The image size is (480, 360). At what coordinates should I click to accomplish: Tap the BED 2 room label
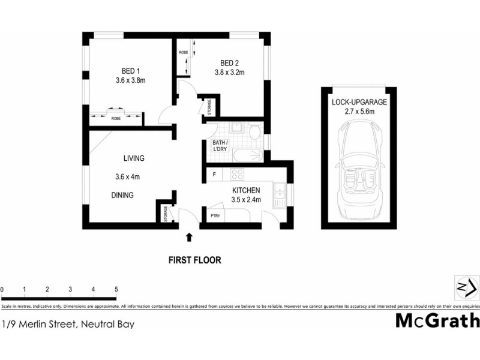tap(230, 63)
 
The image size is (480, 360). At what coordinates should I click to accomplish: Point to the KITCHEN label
tap(246, 191)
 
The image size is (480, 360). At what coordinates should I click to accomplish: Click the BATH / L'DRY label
tap(218, 146)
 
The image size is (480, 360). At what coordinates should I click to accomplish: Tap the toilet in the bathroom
tap(254, 131)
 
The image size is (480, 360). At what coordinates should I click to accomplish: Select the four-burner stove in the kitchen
tap(236, 175)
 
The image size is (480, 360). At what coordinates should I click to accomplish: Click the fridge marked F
tap(214, 175)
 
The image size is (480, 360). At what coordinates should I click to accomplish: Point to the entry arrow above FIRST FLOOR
tap(190, 238)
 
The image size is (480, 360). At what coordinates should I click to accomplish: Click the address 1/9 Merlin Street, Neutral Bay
tap(67, 325)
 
